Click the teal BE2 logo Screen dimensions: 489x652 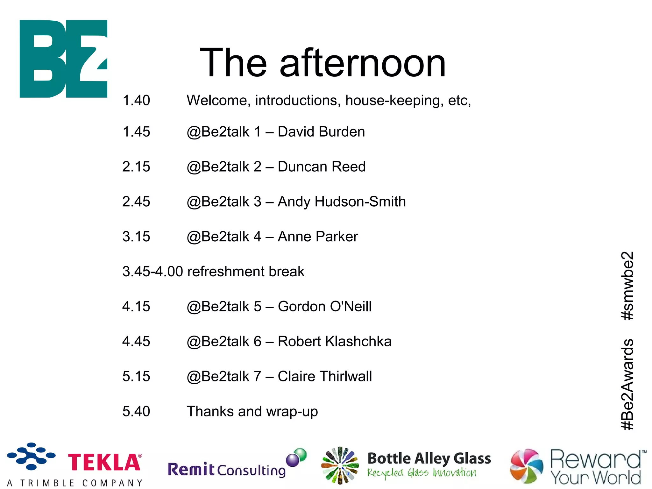coord(63,59)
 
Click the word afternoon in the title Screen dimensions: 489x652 coord(363,63)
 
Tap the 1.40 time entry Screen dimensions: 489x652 coord(136,101)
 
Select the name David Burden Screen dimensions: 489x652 coord(321,132)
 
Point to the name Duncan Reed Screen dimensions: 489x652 coord(322,167)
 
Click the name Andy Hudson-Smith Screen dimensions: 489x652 coord(342,202)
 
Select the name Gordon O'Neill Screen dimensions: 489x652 coord(325,307)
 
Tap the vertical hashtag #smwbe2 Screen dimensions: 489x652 coord(627,286)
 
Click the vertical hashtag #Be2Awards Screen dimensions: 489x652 coord(627,385)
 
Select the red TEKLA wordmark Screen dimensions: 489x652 coord(104,463)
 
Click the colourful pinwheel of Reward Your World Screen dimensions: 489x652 coord(527,465)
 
